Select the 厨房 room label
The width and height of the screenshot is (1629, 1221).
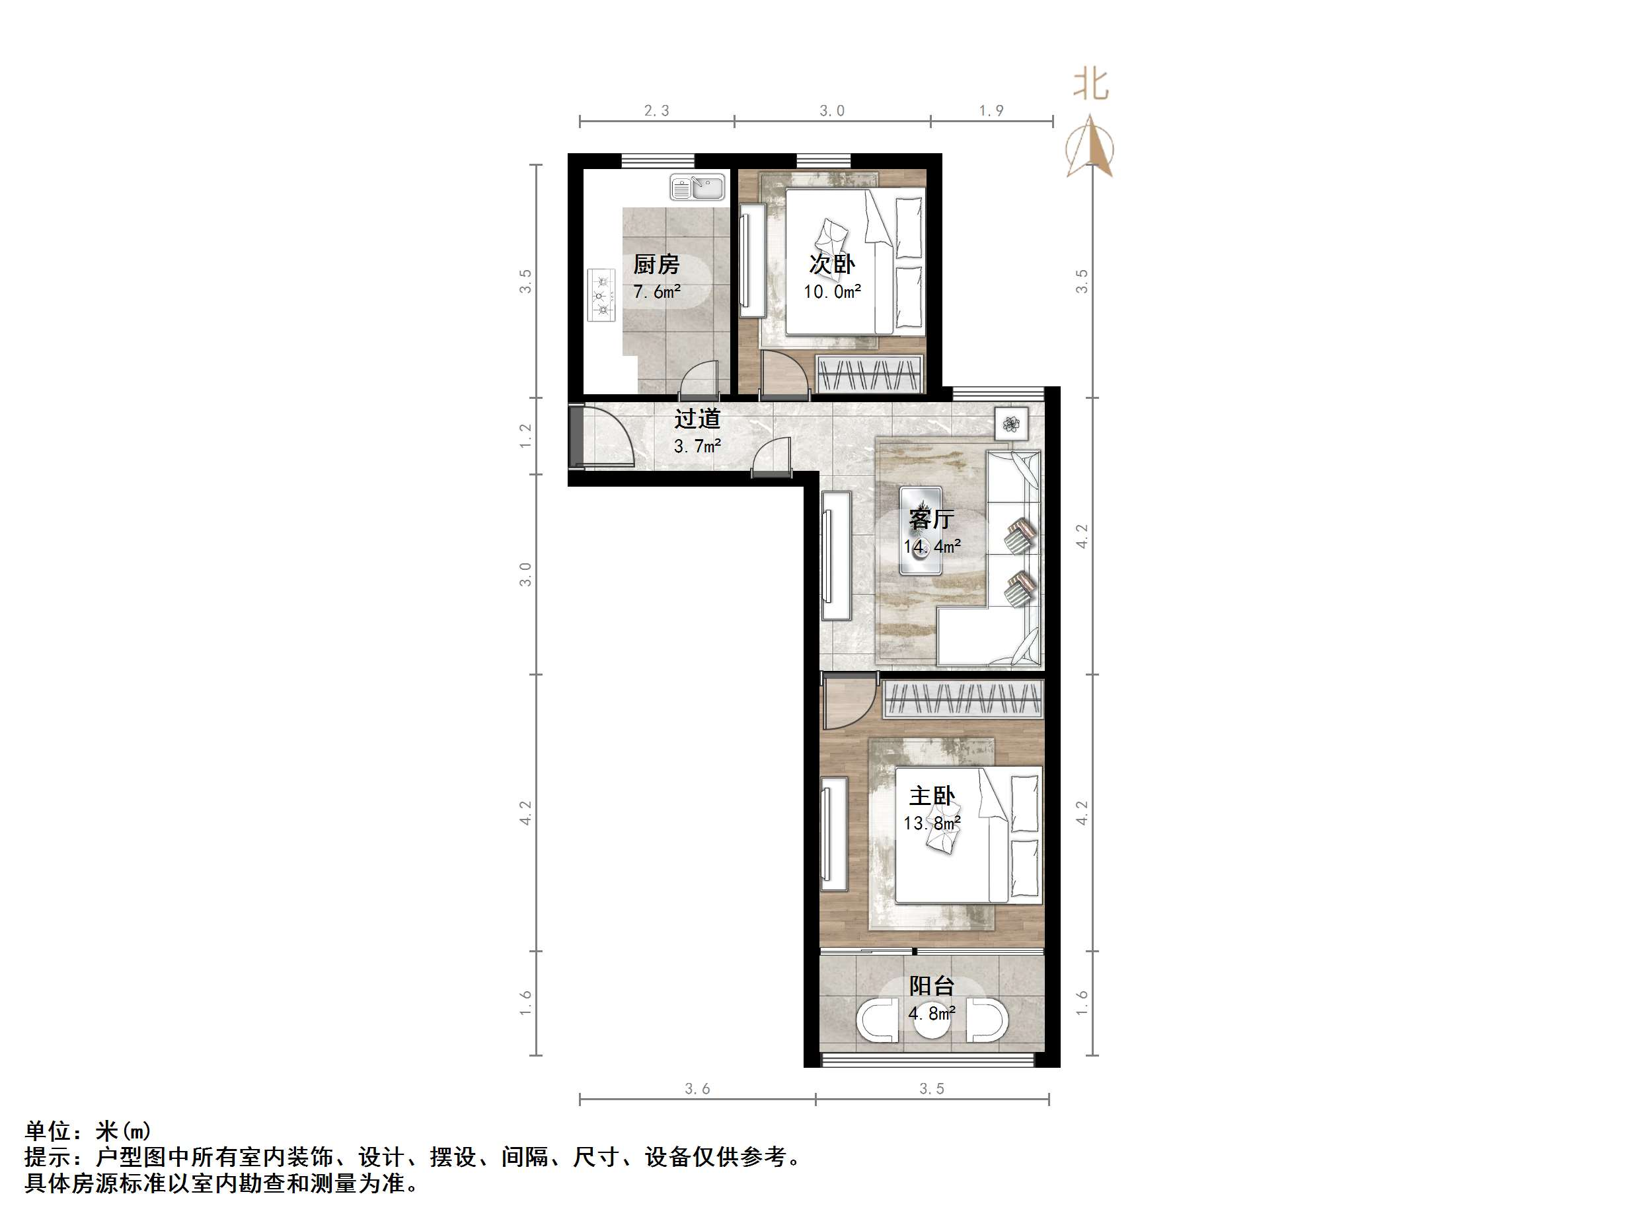pos(656,264)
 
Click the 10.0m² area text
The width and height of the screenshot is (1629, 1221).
pos(832,292)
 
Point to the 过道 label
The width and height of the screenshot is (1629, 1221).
pos(697,419)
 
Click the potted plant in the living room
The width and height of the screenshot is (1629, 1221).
pos(1011,423)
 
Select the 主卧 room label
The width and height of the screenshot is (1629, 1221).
pos(932,796)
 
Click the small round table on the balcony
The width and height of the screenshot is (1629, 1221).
pos(932,1021)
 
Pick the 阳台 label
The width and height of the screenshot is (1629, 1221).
pos(932,985)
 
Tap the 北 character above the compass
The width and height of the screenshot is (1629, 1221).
pos(1090,84)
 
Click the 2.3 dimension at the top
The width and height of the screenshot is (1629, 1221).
pos(656,111)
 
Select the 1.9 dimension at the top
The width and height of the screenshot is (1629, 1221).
pos(991,111)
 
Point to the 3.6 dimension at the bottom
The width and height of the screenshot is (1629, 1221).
pos(697,1088)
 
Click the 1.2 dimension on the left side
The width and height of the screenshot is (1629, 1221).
pos(525,436)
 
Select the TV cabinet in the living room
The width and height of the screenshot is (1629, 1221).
pos(837,557)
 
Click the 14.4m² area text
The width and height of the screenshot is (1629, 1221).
pos(932,547)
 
